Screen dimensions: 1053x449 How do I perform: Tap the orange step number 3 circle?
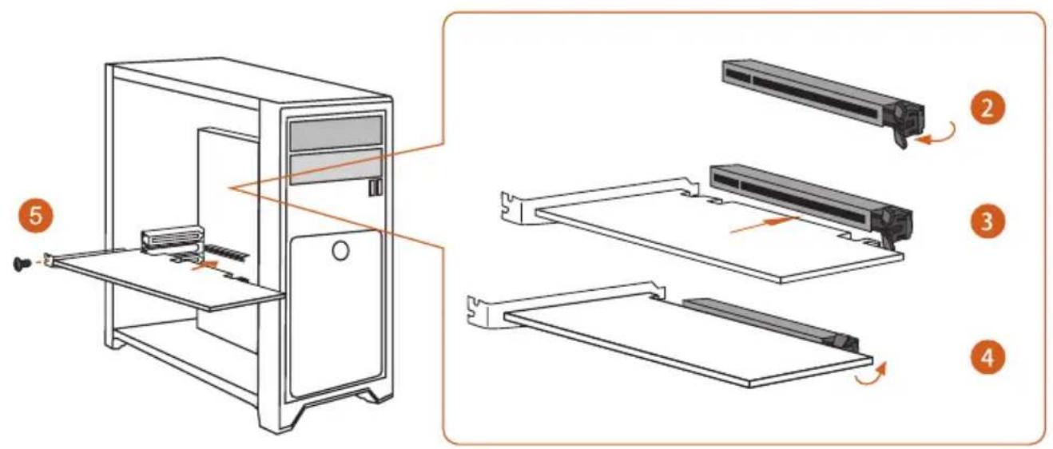point(987,221)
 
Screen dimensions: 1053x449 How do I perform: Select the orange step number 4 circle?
point(987,358)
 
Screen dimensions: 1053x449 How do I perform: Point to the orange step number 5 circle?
point(36,216)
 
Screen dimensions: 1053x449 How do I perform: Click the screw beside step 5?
point(21,264)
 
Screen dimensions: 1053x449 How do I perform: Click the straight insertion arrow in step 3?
point(764,224)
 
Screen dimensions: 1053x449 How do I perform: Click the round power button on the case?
point(340,251)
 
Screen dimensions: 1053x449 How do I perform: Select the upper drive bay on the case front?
point(336,133)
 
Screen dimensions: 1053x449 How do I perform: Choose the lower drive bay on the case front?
point(336,166)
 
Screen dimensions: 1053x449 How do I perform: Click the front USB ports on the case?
point(374,187)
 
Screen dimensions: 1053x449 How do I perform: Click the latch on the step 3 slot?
point(896,228)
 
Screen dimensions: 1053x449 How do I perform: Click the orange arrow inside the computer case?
point(205,265)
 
